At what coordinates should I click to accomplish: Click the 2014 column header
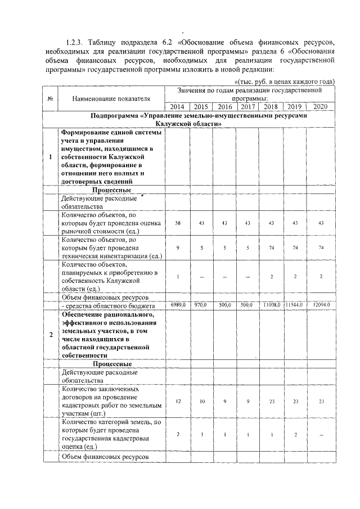click(x=177, y=106)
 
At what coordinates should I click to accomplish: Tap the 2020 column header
click(x=321, y=106)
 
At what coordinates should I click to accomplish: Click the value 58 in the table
click(x=177, y=223)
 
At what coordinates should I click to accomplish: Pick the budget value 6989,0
click(x=177, y=304)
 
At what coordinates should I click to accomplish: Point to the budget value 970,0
click(x=201, y=304)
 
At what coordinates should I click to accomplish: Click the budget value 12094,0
click(x=321, y=304)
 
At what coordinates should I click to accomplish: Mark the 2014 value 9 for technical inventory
click(x=177, y=248)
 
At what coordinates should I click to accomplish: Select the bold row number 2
click(x=51, y=335)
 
